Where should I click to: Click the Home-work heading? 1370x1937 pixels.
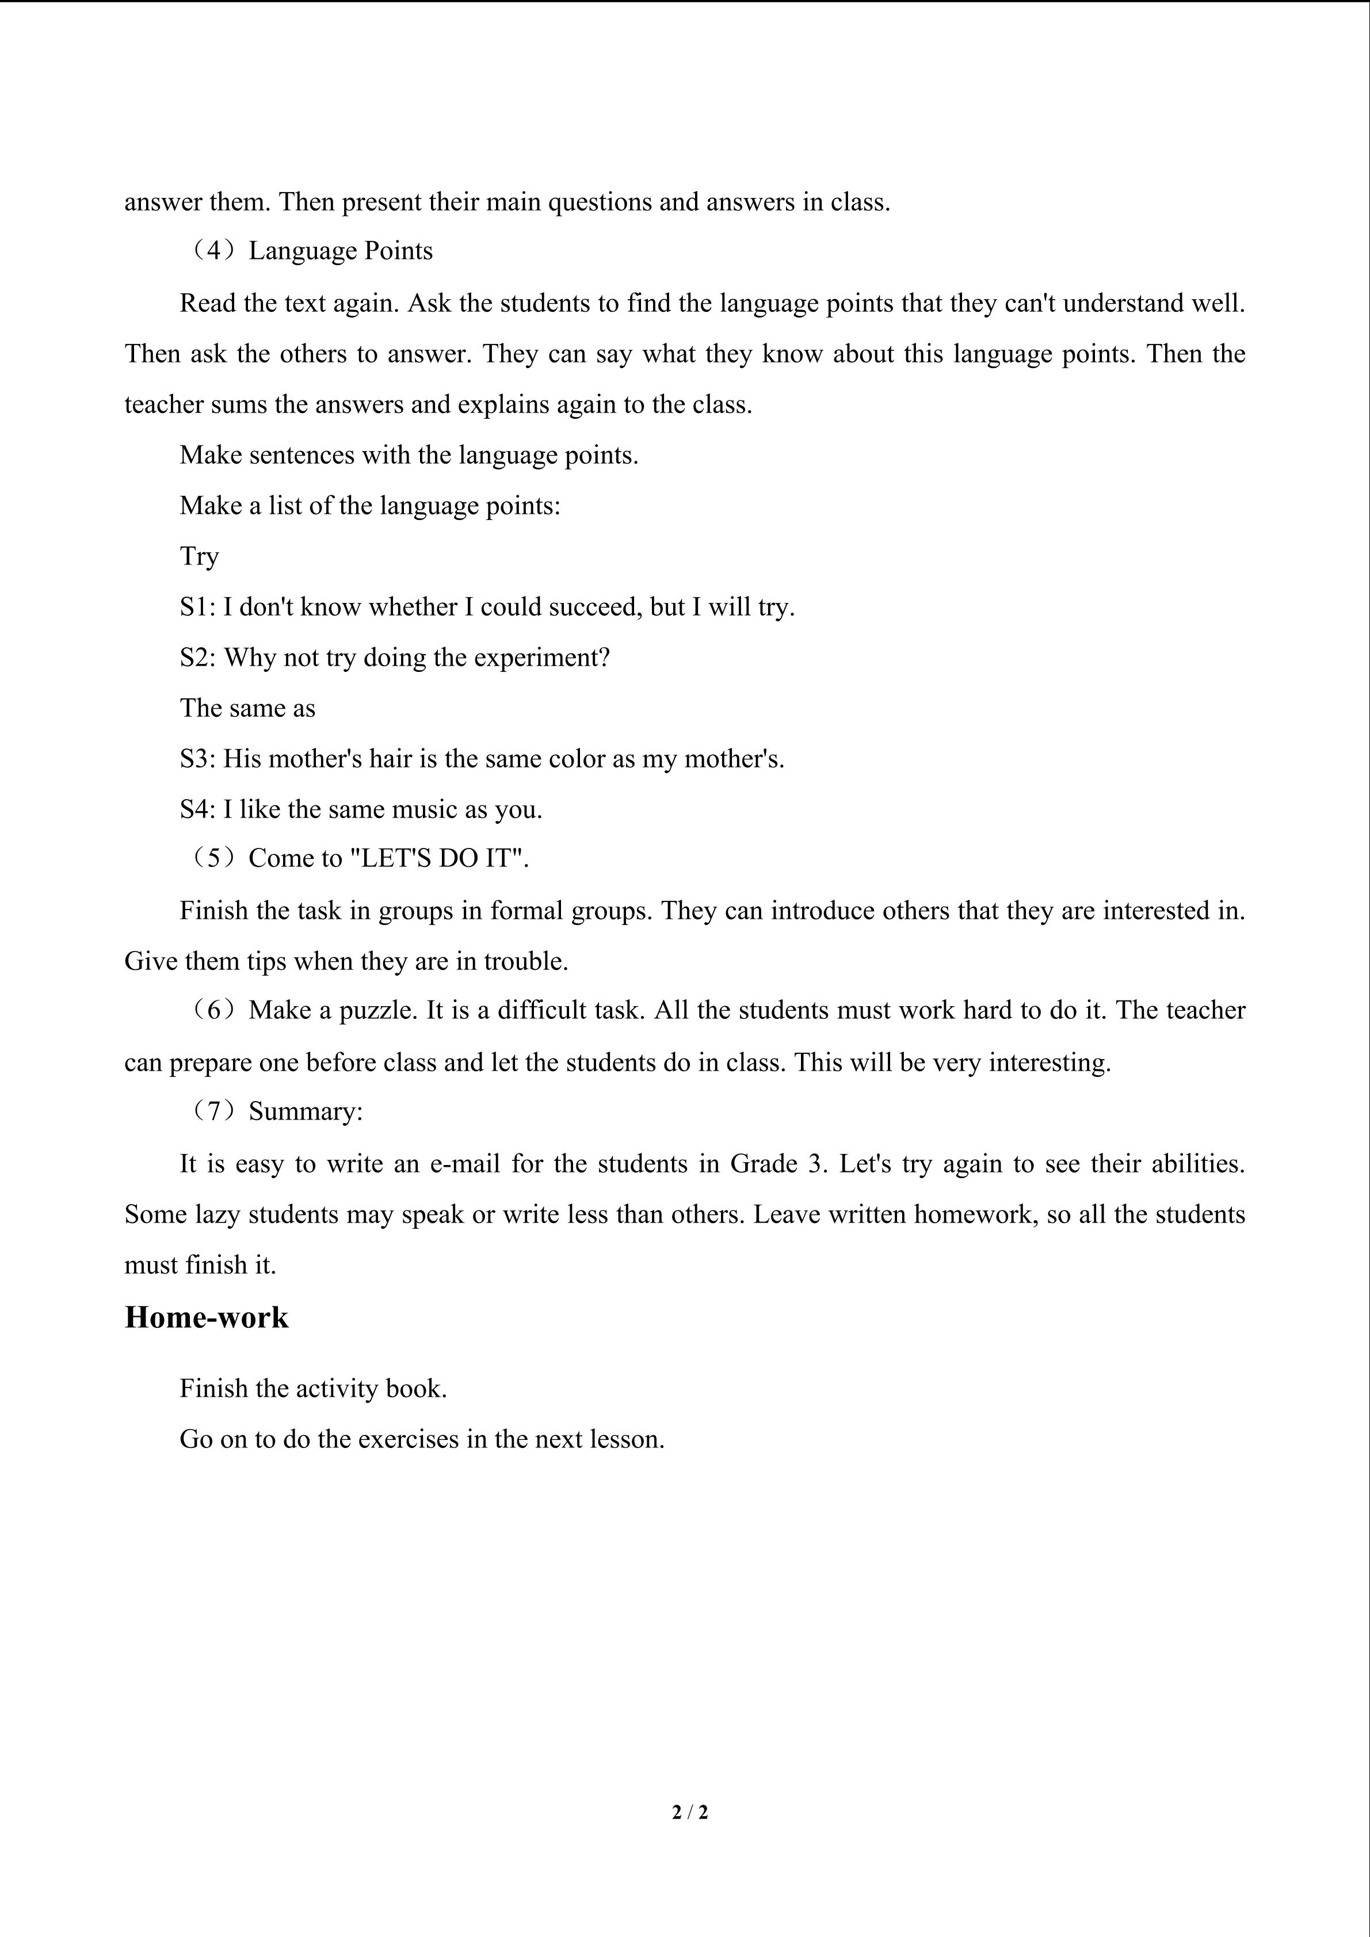[x=206, y=1318]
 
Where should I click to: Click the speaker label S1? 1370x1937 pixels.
[x=199, y=608]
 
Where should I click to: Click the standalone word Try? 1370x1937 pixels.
[x=199, y=557]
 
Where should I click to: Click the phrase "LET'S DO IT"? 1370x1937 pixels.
[x=438, y=859]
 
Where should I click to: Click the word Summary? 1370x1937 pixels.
[x=306, y=1112]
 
